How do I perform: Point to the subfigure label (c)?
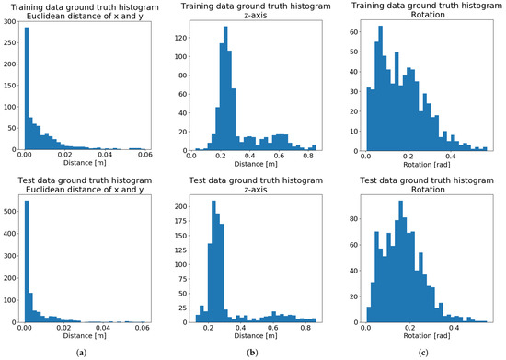click(422, 351)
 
